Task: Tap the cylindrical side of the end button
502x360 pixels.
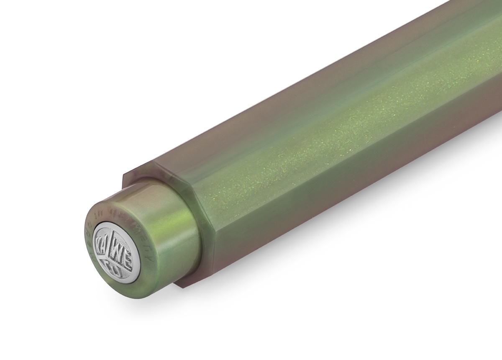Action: point(167,243)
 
